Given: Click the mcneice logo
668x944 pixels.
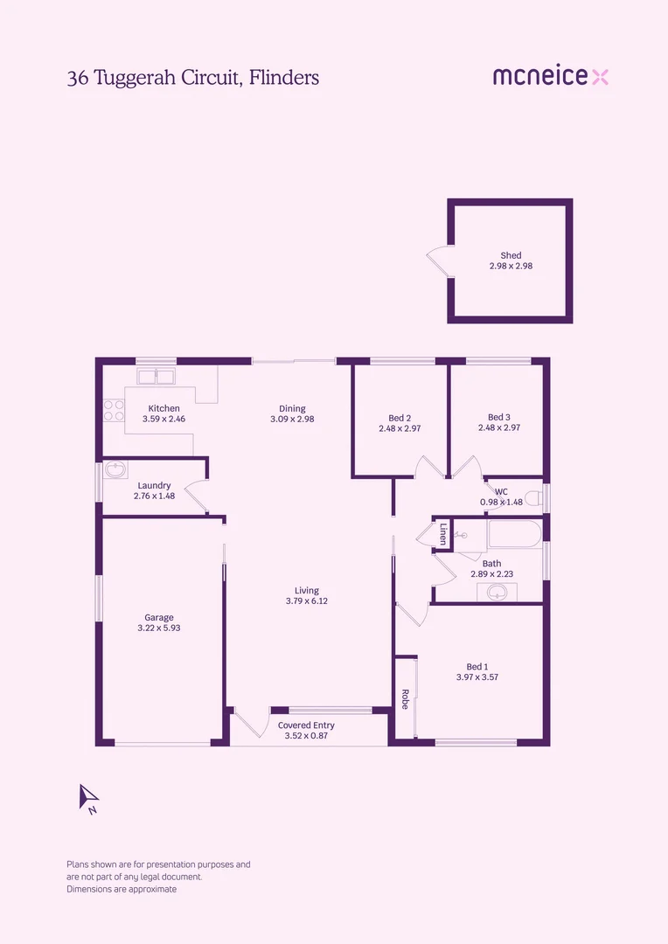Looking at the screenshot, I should pyautogui.click(x=550, y=77).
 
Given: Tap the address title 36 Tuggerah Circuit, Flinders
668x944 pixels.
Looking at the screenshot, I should pyautogui.click(x=192, y=78).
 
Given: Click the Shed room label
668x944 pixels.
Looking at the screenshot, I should pyautogui.click(x=511, y=255).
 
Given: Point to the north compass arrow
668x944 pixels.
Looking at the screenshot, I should pyautogui.click(x=89, y=797).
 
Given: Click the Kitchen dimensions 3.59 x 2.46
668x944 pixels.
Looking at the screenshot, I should pyautogui.click(x=164, y=419).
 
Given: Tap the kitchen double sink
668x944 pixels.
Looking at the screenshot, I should pyautogui.click(x=156, y=377).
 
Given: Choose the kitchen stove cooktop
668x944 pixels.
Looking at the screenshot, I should pyautogui.click(x=114, y=410).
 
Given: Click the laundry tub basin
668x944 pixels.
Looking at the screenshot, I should pyautogui.click(x=115, y=470).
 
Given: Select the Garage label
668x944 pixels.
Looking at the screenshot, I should pyautogui.click(x=158, y=617).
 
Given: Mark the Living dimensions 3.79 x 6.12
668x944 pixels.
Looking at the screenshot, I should pyautogui.click(x=306, y=600).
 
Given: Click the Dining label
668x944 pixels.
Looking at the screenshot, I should pyautogui.click(x=292, y=408).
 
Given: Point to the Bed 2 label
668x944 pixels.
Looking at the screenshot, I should pyautogui.click(x=400, y=418).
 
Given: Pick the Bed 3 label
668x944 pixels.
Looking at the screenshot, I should pyautogui.click(x=498, y=418).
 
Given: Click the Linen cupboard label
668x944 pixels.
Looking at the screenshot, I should pyautogui.click(x=442, y=533).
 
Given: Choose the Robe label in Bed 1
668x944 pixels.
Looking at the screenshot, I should pyautogui.click(x=405, y=699).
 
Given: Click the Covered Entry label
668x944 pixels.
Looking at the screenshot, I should pyautogui.click(x=306, y=725).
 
